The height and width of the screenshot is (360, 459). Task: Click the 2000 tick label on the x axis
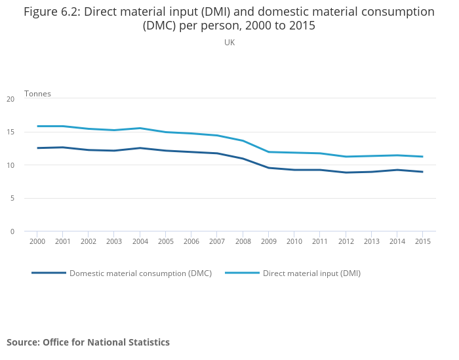click(x=37, y=241)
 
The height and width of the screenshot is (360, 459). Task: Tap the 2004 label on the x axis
click(x=140, y=241)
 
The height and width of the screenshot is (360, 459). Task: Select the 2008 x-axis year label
click(x=243, y=241)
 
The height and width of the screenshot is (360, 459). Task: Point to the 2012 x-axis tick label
click(x=345, y=241)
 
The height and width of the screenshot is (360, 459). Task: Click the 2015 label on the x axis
click(x=422, y=241)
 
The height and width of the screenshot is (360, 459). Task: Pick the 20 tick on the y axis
click(x=10, y=99)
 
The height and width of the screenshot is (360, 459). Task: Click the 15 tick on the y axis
click(x=10, y=132)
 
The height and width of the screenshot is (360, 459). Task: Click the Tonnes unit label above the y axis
click(x=37, y=94)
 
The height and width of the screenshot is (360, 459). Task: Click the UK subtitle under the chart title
click(x=229, y=42)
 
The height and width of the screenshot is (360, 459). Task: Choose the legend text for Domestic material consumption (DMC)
click(x=140, y=273)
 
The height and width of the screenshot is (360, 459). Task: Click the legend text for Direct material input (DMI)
click(x=311, y=273)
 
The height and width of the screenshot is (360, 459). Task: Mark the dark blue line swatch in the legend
click(x=49, y=273)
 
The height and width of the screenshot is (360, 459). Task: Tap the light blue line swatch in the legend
click(x=242, y=273)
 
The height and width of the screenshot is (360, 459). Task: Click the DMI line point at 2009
click(x=268, y=152)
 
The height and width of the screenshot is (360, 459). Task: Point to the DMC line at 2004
click(x=140, y=148)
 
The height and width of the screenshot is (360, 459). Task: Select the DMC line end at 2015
click(x=422, y=172)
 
